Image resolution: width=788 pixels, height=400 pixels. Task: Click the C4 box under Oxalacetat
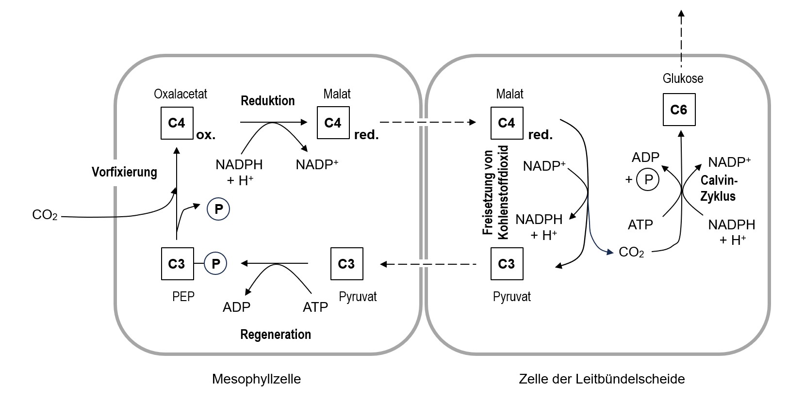[177, 123]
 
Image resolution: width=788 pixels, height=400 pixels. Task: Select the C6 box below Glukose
[678, 110]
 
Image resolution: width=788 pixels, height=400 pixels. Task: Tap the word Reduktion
[268, 101]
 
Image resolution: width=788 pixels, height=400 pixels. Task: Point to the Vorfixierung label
[125, 172]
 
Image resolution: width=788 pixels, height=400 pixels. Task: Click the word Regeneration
[276, 335]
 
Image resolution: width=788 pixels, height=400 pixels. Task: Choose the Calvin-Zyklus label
[719, 189]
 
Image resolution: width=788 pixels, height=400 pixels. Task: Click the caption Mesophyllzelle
[256, 379]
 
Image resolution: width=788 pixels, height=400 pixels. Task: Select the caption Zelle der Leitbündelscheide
[602, 379]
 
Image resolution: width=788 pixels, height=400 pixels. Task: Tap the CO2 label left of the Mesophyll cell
[45, 215]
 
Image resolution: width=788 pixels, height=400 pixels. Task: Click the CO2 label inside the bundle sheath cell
[631, 253]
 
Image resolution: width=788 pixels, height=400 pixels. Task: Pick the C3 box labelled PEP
[177, 264]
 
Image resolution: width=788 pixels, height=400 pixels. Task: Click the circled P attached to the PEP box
[216, 264]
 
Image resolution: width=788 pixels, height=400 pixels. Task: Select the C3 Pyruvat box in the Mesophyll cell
[346, 264]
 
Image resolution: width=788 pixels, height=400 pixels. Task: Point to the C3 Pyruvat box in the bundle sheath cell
[507, 264]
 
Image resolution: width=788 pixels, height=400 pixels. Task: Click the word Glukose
[683, 79]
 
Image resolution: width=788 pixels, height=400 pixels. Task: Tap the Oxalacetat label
[181, 94]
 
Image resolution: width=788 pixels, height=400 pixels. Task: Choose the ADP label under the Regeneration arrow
[236, 307]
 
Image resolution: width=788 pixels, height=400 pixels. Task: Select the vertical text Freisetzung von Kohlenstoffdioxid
[495, 192]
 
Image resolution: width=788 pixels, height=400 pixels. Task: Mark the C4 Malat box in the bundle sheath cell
[507, 123]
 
